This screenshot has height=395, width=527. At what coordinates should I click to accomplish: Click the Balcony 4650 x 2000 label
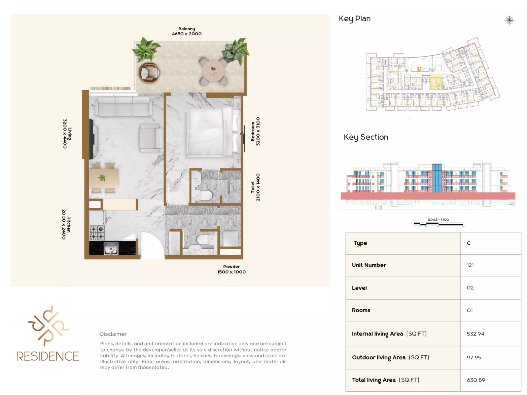(x=186, y=31)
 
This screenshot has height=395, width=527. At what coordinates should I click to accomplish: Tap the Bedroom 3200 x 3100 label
(x=255, y=131)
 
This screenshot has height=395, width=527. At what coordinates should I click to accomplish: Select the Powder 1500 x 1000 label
(x=232, y=269)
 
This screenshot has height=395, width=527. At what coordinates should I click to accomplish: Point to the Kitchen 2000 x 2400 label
(x=66, y=224)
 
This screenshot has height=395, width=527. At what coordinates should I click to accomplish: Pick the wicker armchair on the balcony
(x=149, y=72)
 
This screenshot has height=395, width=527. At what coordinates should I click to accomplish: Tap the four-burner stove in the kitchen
(x=97, y=232)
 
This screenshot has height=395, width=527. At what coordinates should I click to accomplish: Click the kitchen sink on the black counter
(x=111, y=248)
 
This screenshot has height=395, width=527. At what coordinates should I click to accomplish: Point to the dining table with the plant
(x=104, y=178)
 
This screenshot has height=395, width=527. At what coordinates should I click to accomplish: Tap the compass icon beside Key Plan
(x=509, y=20)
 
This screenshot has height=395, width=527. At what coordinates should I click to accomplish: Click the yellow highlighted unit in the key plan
(x=436, y=82)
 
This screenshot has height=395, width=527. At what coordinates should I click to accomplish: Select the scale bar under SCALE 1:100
(x=438, y=224)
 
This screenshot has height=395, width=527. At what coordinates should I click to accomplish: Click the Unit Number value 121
(x=470, y=265)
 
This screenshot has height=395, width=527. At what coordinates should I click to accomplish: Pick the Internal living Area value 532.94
(x=475, y=334)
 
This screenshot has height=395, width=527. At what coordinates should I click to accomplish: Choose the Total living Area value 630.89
(x=476, y=380)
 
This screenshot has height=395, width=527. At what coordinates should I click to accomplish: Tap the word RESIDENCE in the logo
(x=47, y=356)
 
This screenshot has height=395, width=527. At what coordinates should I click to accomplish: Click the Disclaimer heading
(x=113, y=334)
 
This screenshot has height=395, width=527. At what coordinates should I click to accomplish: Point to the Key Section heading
(x=366, y=137)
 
